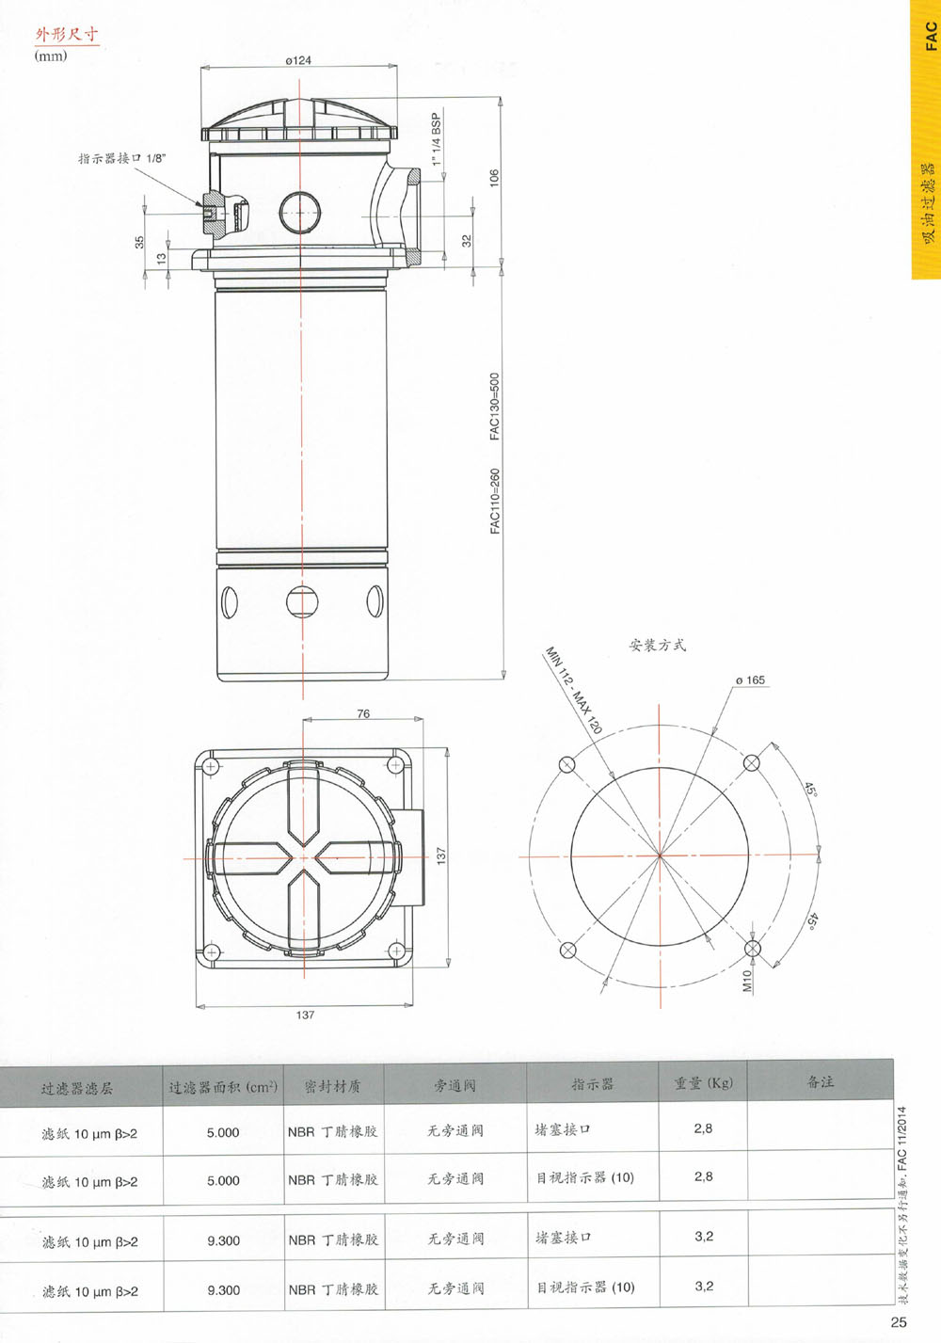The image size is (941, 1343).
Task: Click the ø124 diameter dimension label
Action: tap(298, 60)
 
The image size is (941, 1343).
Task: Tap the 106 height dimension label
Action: tap(494, 178)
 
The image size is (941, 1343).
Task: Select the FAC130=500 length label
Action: tap(494, 407)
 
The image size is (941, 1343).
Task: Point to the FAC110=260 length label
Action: tap(494, 501)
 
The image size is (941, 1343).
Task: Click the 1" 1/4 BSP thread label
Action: tap(437, 139)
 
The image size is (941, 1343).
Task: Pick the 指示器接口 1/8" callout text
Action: tap(121, 158)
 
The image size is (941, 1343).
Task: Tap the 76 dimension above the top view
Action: tap(363, 713)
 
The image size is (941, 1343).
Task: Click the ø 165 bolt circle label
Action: tap(750, 679)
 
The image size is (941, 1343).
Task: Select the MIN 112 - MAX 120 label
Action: tap(573, 690)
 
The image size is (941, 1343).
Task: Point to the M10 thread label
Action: tap(747, 981)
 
